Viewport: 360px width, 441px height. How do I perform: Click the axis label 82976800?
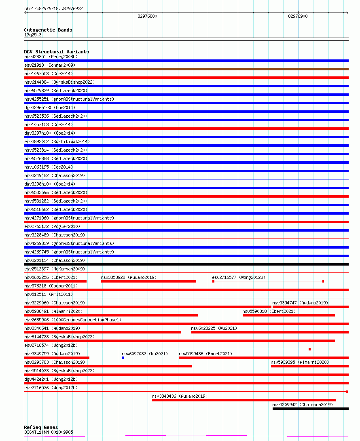pos(147,17)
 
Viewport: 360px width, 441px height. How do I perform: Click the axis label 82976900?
pos(298,17)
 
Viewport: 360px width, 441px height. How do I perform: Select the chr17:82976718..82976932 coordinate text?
pos(53,8)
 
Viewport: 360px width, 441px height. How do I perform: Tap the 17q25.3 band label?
pos(33,35)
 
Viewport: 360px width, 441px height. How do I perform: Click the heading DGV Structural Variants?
pos(56,52)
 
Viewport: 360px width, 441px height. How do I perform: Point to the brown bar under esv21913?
pos(186,69)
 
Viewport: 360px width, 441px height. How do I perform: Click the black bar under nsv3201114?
pos(186,264)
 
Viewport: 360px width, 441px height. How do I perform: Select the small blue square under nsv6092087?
pos(123,358)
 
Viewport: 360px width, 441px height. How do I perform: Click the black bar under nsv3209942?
pos(310,409)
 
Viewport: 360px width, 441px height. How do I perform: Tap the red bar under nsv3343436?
pos(244,400)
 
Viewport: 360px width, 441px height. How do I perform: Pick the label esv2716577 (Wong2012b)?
pos(239,277)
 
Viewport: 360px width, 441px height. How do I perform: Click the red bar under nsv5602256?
pos(55,281)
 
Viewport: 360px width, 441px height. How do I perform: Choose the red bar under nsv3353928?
pos(148,281)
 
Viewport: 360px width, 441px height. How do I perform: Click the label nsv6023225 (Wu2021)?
pos(214,328)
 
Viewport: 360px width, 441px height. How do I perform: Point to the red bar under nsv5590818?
pos(289,315)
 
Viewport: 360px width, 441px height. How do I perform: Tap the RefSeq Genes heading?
pos(41,427)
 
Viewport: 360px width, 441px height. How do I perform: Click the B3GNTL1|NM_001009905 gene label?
pos(49,432)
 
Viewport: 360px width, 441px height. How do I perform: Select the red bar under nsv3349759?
pos(57,358)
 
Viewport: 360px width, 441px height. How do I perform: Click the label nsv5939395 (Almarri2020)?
pos(300,362)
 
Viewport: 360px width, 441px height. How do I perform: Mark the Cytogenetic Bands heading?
pos(48,30)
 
